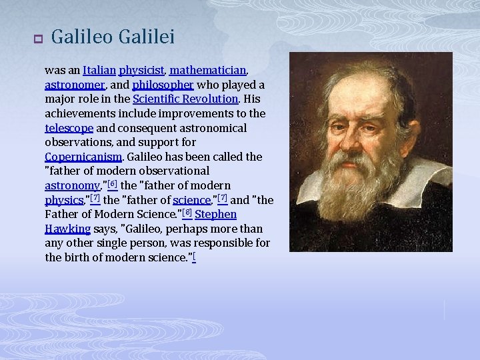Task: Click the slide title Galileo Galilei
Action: point(113,37)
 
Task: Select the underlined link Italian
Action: point(99,70)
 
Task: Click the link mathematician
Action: point(209,70)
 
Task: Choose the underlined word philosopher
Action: point(163,85)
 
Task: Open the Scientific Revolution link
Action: point(185,99)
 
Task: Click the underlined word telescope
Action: point(69,128)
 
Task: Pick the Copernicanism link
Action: point(83,157)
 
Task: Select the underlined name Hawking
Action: point(67,229)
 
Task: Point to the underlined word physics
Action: point(63,200)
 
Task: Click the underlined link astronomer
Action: point(74,85)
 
